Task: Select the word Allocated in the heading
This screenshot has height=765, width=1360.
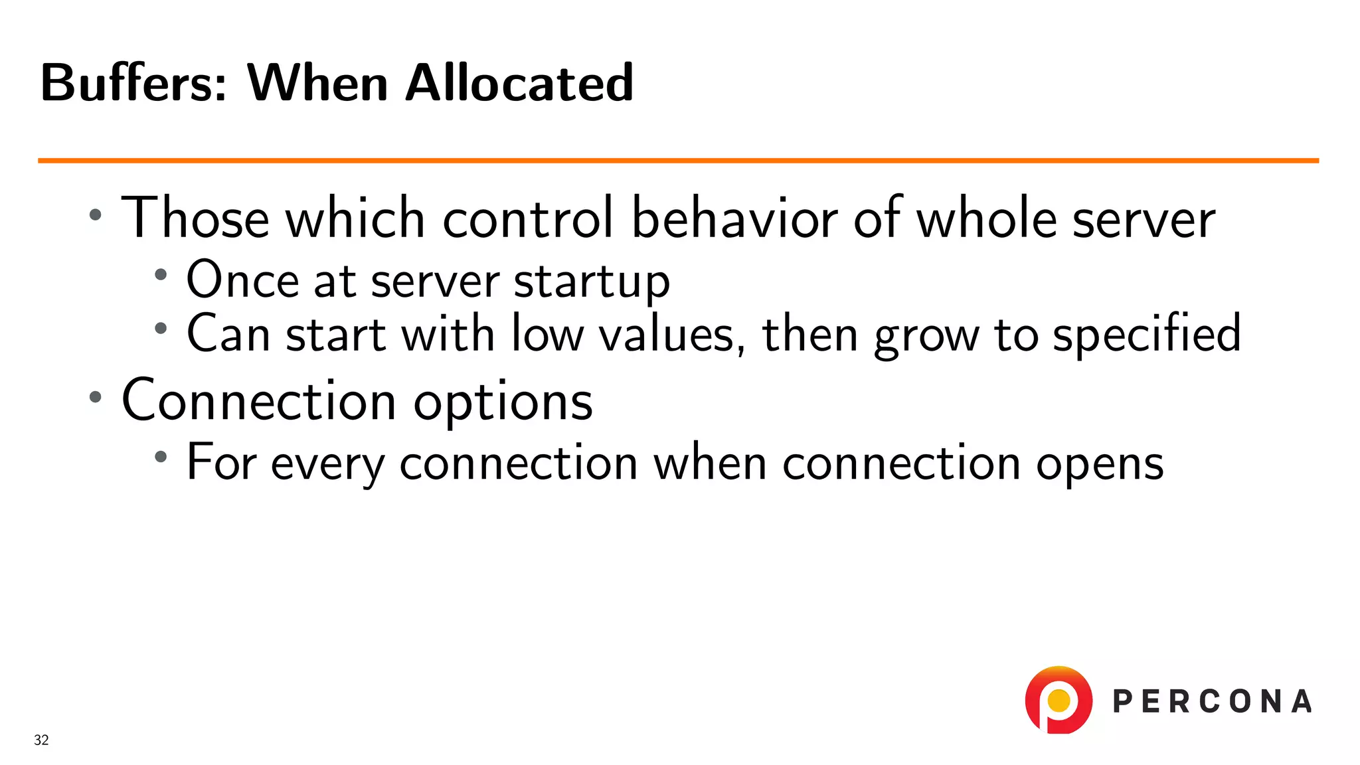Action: [519, 84]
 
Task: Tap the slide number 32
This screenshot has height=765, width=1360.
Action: [41, 740]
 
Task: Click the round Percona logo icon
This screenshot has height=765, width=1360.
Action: [1059, 701]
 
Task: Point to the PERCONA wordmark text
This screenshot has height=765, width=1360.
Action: [1213, 702]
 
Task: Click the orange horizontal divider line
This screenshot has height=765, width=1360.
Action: [677, 161]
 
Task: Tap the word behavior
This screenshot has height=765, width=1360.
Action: [734, 218]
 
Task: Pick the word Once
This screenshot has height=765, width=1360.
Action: [242, 280]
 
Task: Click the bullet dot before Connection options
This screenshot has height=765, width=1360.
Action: [96, 397]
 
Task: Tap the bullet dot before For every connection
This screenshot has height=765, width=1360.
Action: [161, 456]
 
